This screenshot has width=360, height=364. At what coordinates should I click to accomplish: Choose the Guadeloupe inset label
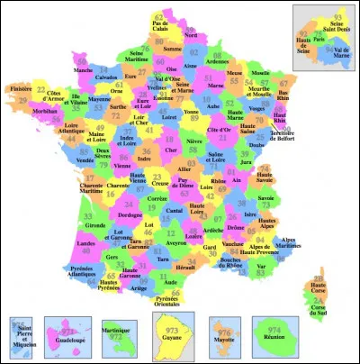66,345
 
